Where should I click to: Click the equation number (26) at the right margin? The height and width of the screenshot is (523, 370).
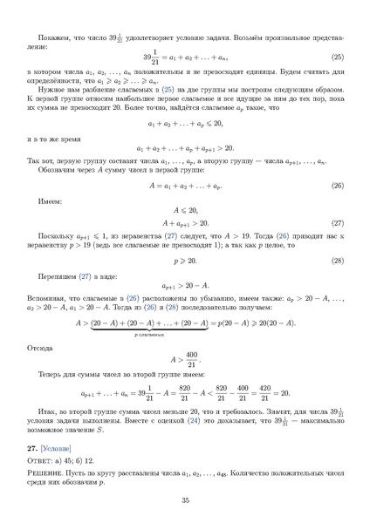338,186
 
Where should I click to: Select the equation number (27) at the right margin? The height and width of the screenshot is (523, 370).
338,223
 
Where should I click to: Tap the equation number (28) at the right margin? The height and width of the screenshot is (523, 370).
338,261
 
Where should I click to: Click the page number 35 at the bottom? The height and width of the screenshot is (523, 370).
185,500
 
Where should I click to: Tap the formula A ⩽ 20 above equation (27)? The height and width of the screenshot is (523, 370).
184,211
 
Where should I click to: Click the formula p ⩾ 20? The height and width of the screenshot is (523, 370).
185,261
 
